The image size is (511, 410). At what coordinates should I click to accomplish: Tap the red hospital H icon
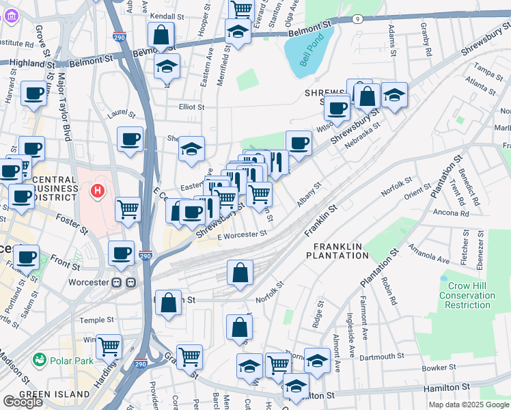[98, 189]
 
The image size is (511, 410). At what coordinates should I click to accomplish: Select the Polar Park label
[67, 359]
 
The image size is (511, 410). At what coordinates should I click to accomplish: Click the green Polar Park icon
[38, 359]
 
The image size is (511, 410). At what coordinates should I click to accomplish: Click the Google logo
[22, 402]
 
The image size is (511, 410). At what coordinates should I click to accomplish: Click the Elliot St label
[191, 107]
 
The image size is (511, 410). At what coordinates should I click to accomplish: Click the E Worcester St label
[242, 234]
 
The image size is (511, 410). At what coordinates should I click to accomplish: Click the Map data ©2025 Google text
[468, 405]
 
